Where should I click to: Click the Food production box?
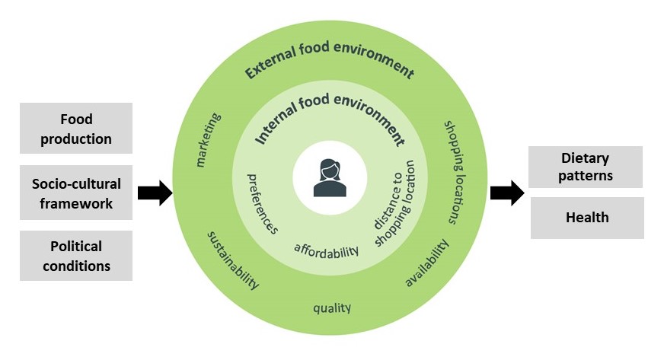point(76,129)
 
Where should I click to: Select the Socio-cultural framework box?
point(76,193)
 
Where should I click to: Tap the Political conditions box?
point(76,256)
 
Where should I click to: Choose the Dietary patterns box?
point(586,167)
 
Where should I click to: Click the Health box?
point(586,218)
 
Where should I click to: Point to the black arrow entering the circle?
point(155,193)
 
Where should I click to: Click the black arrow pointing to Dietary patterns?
point(506,193)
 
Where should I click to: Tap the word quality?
point(332,307)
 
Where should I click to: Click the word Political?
point(76,247)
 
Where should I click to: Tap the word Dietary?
point(586,158)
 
